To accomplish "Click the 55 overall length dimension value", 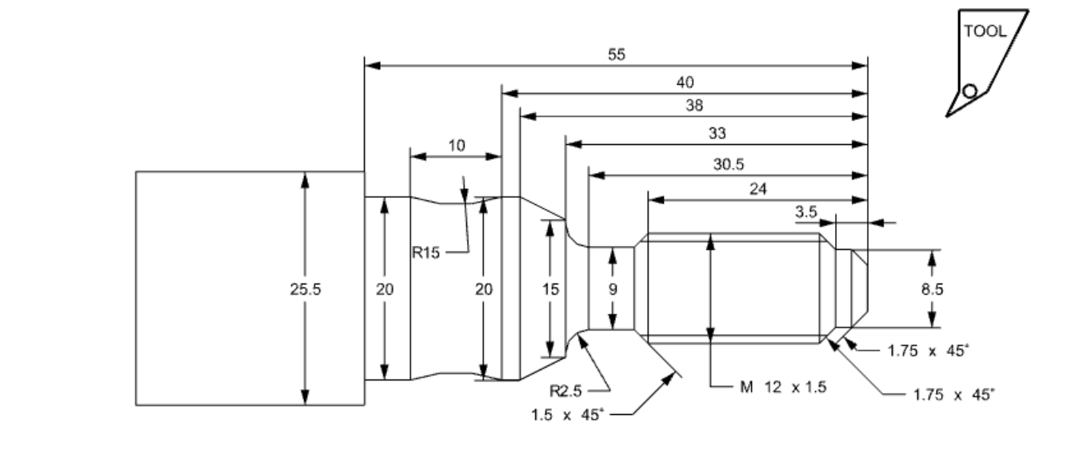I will click(x=616, y=54).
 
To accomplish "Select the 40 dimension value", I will click(x=685, y=82).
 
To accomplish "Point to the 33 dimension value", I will click(x=717, y=133).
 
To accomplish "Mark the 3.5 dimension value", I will click(x=805, y=212).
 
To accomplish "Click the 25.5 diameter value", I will click(x=305, y=290).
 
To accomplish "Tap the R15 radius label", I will click(x=427, y=253).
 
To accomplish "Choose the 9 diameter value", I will click(x=613, y=290).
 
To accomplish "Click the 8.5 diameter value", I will click(x=932, y=290).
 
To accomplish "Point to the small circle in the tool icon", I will click(x=969, y=91).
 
